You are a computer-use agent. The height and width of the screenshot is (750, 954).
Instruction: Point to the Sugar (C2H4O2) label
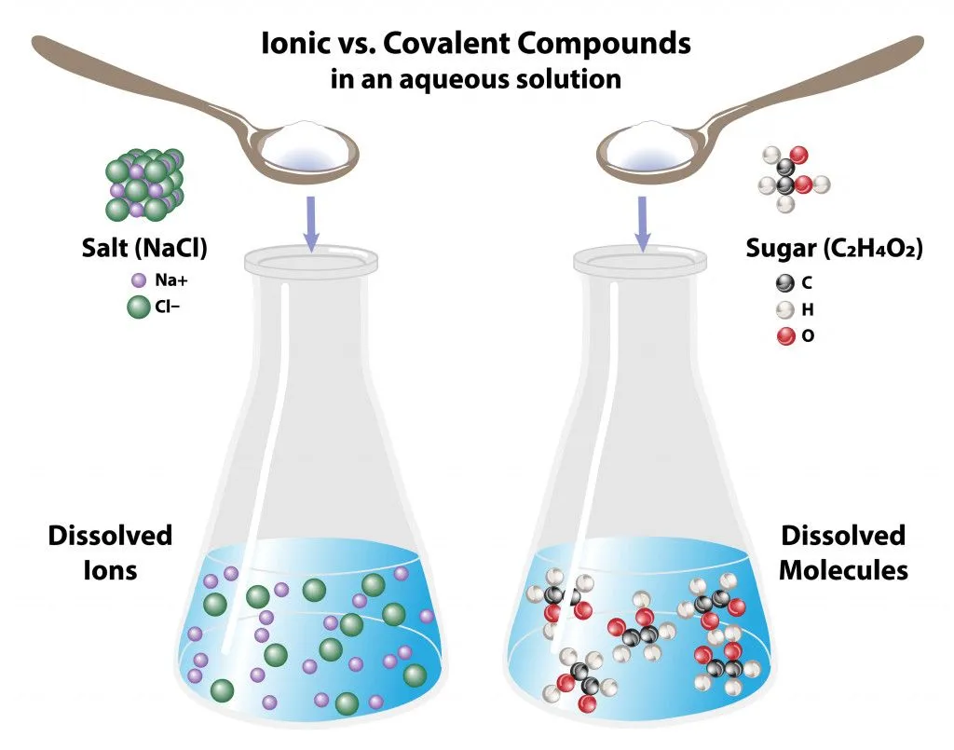(x=834, y=249)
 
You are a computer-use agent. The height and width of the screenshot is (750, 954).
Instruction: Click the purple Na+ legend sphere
(x=139, y=279)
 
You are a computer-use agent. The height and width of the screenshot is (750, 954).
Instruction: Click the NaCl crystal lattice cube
(x=143, y=184)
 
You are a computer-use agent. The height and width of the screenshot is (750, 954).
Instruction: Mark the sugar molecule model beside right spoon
(x=787, y=172)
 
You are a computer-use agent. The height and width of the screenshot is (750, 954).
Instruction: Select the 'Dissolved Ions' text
(x=110, y=552)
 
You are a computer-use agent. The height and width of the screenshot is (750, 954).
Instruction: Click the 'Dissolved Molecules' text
(x=843, y=552)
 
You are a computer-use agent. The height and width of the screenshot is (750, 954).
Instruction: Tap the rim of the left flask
(x=311, y=262)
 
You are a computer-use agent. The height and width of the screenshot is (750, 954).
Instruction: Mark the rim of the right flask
(x=643, y=262)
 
